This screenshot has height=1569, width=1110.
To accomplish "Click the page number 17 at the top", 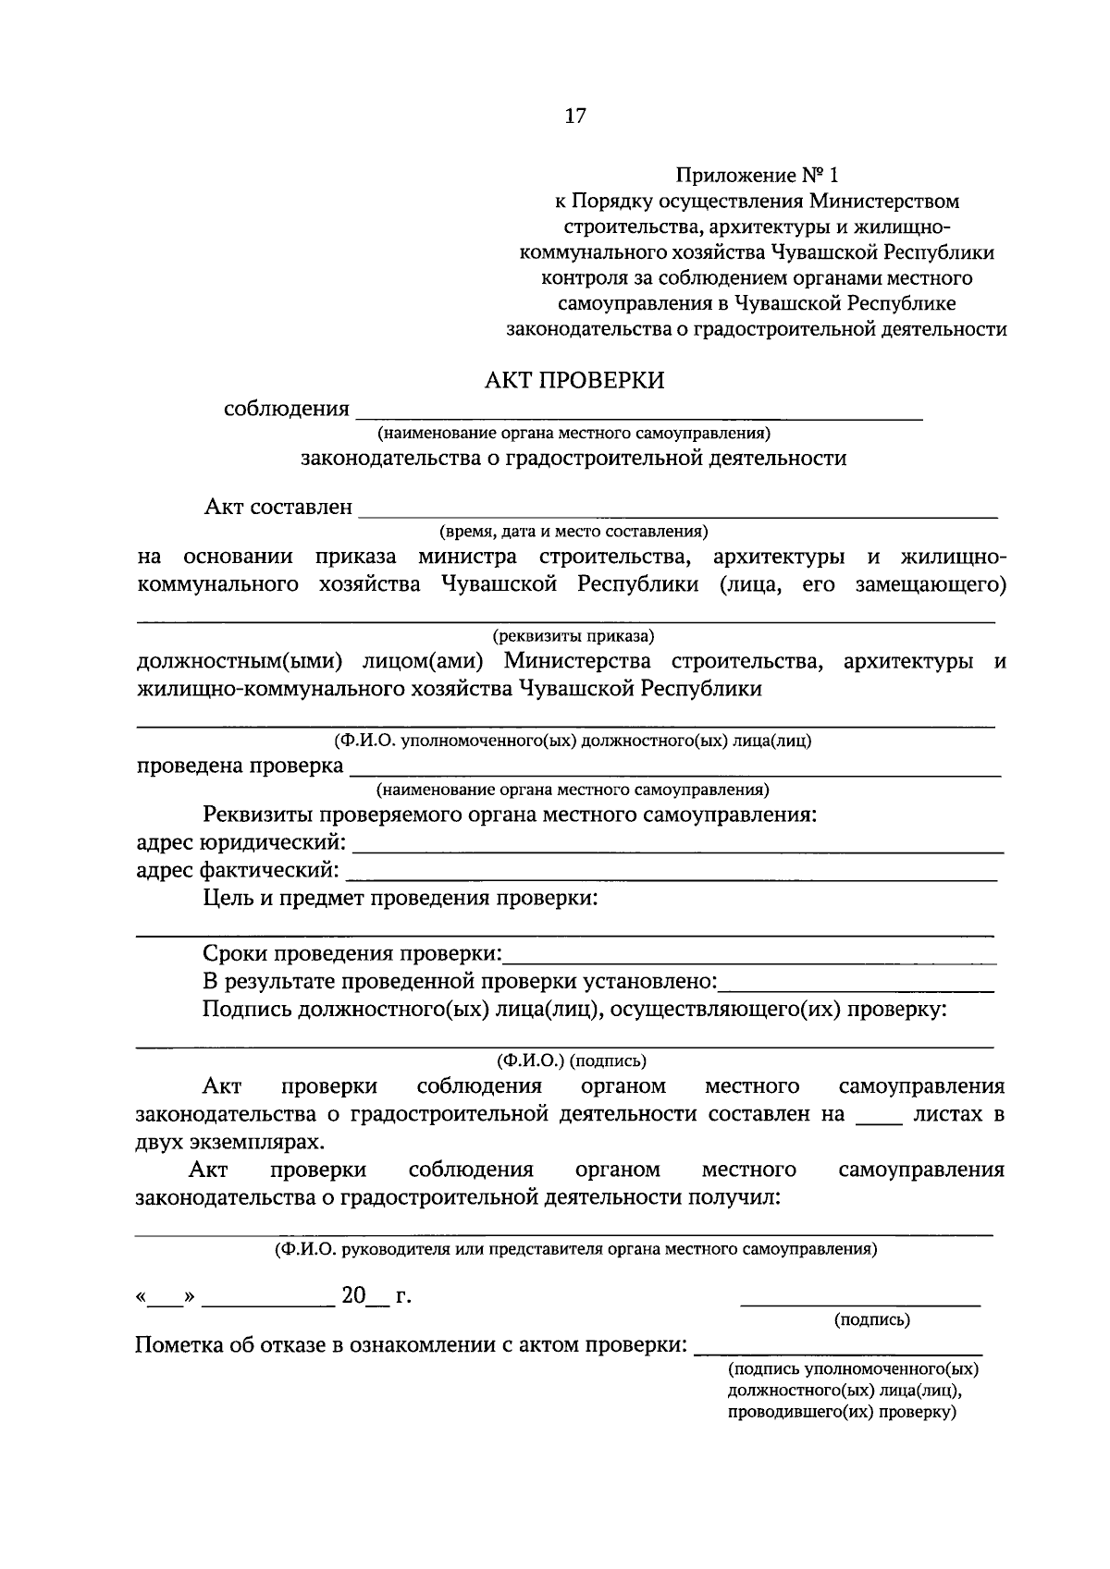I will click(574, 116).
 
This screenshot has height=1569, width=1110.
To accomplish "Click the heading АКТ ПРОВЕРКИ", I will click(574, 381).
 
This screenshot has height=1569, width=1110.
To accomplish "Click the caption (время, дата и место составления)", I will click(573, 532).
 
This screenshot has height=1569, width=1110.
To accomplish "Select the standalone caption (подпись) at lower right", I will click(872, 1319).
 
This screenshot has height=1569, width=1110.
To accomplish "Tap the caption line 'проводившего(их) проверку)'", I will click(842, 1412).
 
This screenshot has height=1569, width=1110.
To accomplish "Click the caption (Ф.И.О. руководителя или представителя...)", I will click(574, 1249).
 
